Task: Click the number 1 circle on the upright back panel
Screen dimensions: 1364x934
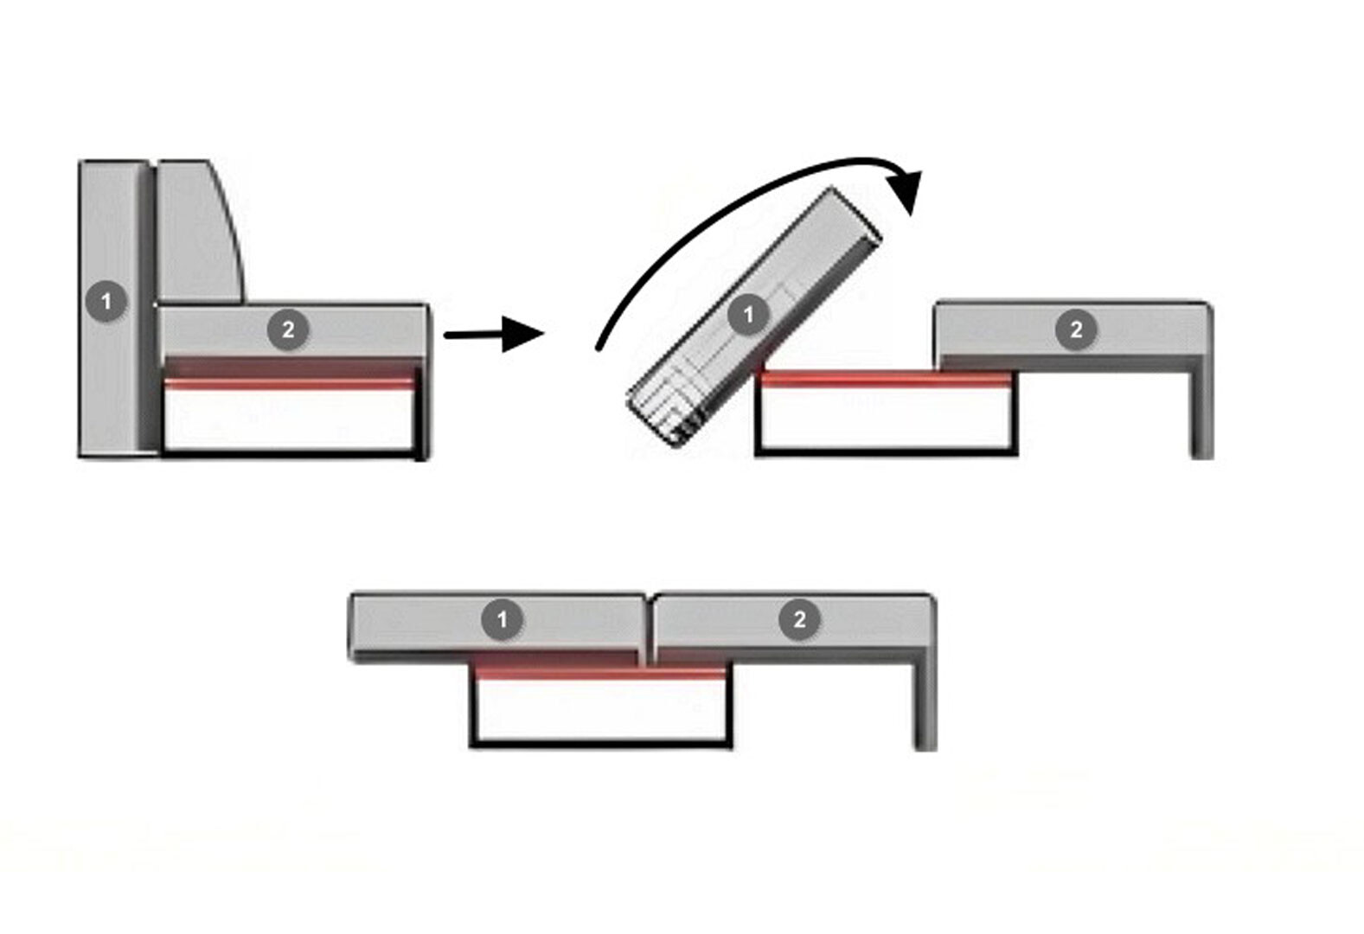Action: [106, 302]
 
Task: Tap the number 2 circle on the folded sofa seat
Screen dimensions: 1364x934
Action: [288, 329]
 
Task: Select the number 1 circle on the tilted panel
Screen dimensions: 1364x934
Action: [748, 315]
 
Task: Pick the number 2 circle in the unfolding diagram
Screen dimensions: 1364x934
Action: [1076, 329]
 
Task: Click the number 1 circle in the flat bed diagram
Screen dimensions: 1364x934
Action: [502, 619]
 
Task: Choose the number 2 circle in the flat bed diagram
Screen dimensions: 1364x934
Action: [799, 619]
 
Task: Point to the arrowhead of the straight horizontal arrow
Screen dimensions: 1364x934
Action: [522, 334]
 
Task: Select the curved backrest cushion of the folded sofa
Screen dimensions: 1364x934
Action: [201, 232]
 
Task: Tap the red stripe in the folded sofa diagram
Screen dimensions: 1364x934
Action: [289, 382]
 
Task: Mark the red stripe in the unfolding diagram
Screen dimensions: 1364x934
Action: [886, 380]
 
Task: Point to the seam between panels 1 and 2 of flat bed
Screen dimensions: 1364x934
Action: [649, 627]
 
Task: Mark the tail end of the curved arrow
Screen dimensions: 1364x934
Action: [599, 349]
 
